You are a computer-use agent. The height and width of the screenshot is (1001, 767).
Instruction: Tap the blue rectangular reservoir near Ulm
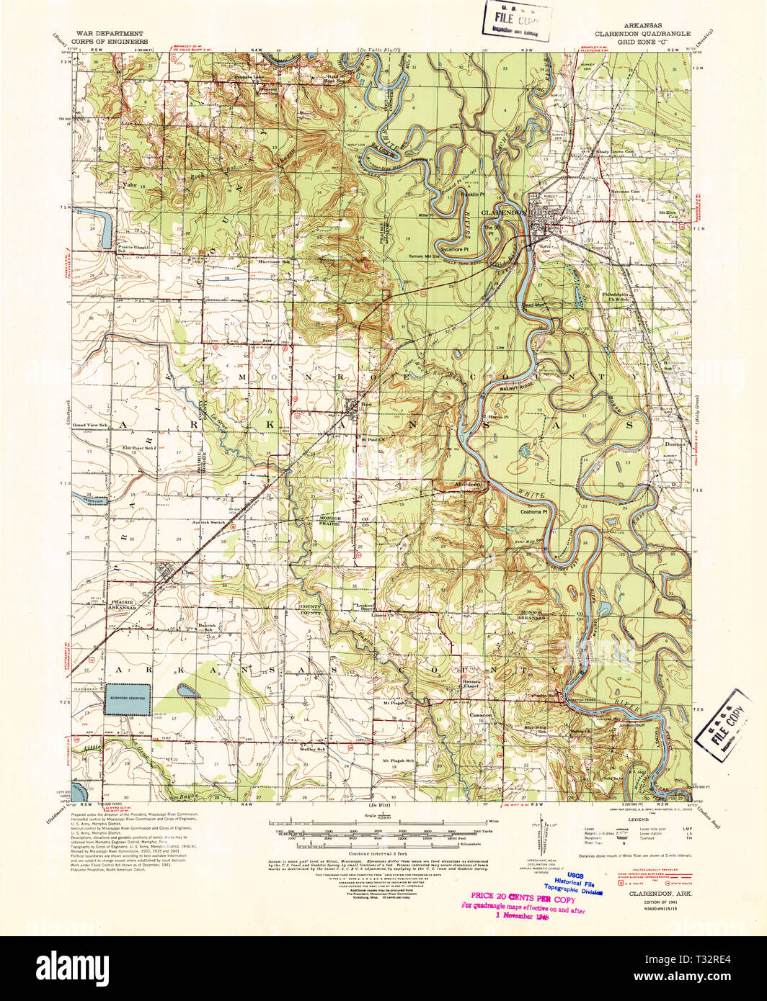tap(129, 699)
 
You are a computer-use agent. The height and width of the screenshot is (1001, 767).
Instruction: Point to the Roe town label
tap(365, 405)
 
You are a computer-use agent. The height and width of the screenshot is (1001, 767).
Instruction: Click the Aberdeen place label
tap(469, 485)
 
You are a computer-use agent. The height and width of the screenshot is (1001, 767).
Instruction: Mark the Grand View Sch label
tap(89, 426)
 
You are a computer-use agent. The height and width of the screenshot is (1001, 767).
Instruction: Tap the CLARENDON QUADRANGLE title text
tap(642, 34)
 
